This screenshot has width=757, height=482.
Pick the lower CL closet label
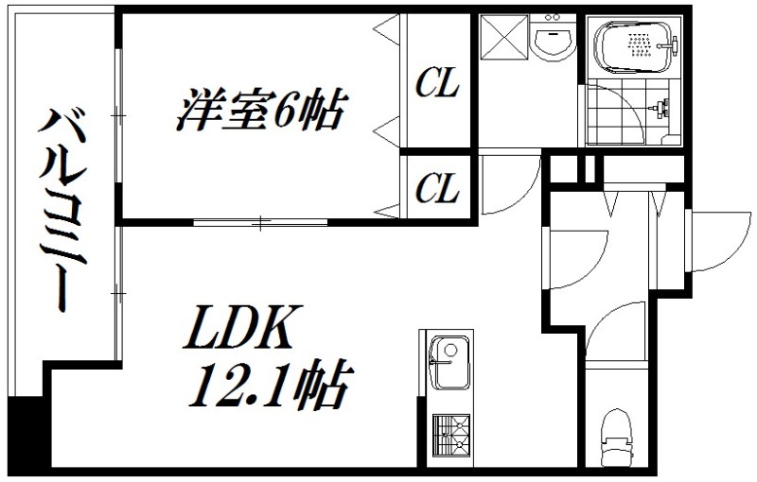click(x=437, y=189)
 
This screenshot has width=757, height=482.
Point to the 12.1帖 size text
click(x=274, y=385)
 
